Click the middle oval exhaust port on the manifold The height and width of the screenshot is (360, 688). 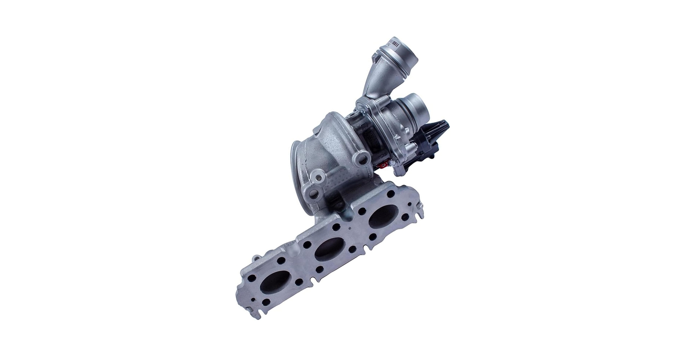[330, 249]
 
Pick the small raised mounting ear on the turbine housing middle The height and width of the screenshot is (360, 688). [318, 177]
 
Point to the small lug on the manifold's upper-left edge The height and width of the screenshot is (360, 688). [255, 258]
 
